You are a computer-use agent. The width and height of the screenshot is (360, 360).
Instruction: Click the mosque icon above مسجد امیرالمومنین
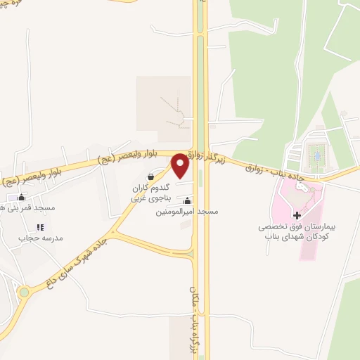tap(186, 202)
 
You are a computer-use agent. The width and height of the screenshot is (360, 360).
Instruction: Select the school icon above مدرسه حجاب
tap(40, 227)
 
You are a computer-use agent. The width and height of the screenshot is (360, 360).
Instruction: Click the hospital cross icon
tap(296, 215)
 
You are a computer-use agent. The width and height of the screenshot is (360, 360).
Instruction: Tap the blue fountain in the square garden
tap(316, 153)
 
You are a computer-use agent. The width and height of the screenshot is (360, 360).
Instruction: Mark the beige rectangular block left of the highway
tap(163, 103)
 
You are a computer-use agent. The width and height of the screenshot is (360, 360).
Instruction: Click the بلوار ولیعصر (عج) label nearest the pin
tap(130, 158)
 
